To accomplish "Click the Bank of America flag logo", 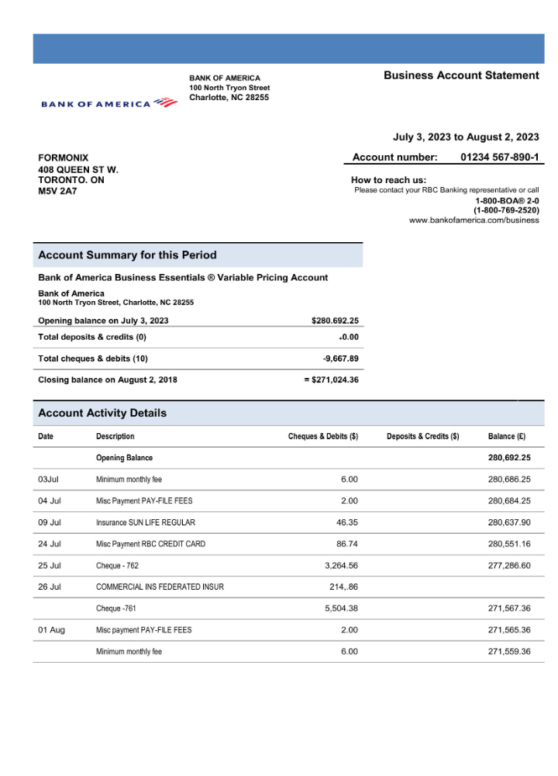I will [x=165, y=102].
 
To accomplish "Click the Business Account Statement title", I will [x=461, y=75].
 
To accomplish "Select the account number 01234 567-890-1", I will [x=499, y=158].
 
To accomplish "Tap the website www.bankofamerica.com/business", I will [x=474, y=220].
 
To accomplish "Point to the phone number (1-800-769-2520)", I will [x=506, y=210].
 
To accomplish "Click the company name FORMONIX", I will [x=64, y=158].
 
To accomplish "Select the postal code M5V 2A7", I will [x=57, y=191].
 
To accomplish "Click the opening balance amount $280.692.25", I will [x=335, y=320].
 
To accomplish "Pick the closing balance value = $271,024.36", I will [x=331, y=379].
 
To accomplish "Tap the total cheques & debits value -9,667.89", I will [x=340, y=359].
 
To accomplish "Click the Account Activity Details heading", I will [x=102, y=413].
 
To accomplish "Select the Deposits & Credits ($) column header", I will [x=422, y=436].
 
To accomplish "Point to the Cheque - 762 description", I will [x=117, y=566].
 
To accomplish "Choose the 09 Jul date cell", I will [x=50, y=522].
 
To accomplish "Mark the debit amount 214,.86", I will [x=343, y=587].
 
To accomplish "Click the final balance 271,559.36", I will [x=509, y=651].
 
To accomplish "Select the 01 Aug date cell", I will [x=51, y=629].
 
